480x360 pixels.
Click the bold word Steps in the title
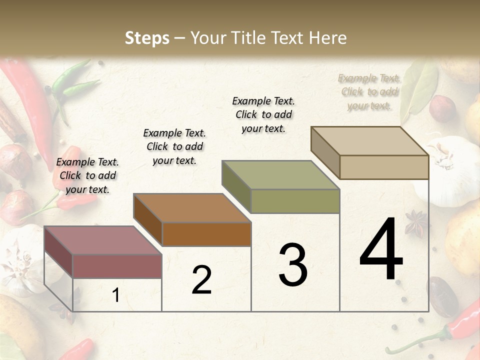tap(147, 38)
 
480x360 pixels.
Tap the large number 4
tap(381, 249)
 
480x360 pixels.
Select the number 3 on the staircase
tap(293, 265)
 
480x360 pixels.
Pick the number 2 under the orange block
tap(201, 280)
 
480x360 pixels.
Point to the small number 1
tap(116, 295)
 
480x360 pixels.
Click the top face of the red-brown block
tap(102, 240)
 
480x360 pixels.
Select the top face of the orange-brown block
tap(191, 208)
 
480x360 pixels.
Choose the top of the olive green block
tap(280, 175)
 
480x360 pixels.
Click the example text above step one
tap(87, 175)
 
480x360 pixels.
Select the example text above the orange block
tap(174, 146)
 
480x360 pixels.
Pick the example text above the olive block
tap(263, 114)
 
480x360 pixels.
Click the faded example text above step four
tap(369, 91)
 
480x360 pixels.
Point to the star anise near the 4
tap(415, 223)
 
